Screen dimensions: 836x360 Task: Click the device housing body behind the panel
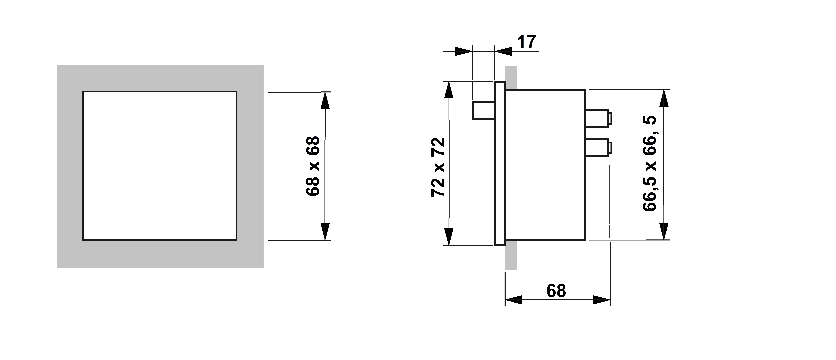tap(545, 165)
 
